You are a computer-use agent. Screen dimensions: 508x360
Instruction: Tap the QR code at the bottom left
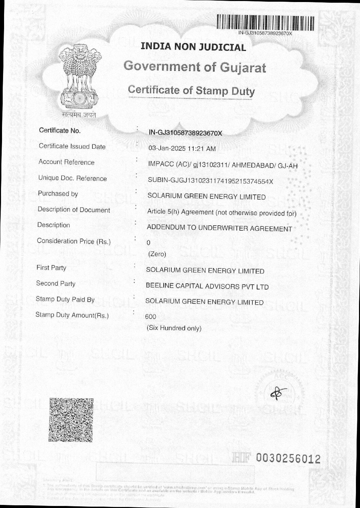(x=71, y=419)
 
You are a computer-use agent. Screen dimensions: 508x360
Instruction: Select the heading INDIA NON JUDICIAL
(x=193, y=47)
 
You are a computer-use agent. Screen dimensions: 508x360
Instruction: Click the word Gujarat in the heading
(x=243, y=67)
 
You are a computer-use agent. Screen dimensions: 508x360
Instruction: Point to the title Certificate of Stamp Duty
(x=191, y=91)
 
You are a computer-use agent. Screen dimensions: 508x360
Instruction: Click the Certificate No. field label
(x=60, y=131)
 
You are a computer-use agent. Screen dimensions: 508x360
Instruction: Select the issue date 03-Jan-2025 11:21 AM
(x=182, y=149)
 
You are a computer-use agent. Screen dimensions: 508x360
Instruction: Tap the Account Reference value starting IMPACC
(x=222, y=165)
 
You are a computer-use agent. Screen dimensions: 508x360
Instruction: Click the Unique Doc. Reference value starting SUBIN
(x=210, y=181)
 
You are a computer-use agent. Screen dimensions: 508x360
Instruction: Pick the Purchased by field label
(x=58, y=194)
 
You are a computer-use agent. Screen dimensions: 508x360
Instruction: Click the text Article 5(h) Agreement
(x=180, y=212)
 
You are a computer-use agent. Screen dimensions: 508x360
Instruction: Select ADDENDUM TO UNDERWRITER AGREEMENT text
(x=219, y=228)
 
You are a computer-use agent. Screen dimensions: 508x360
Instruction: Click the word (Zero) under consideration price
(x=157, y=254)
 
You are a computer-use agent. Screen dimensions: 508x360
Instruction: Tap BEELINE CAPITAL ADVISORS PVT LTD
(x=207, y=286)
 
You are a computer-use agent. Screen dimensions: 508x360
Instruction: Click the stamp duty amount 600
(x=150, y=317)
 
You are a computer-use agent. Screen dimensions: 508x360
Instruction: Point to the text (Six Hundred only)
(x=174, y=328)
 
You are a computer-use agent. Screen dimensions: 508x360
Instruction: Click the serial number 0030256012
(x=288, y=459)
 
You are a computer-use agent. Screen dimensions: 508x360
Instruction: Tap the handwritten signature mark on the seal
(x=279, y=393)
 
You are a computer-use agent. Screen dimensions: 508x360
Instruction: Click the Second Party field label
(x=56, y=283)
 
